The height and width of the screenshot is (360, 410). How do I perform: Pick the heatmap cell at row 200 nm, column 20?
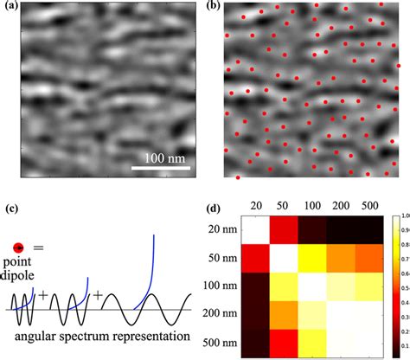pos(253,315)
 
